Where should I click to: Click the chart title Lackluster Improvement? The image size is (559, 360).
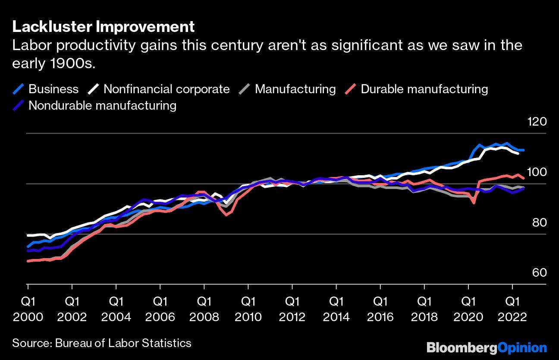click(104, 27)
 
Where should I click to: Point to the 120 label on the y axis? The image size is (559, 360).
click(537, 122)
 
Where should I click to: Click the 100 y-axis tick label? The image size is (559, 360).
click(537, 172)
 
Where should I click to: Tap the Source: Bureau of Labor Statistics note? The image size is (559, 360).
click(102, 343)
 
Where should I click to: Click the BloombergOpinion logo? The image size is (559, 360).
click(487, 347)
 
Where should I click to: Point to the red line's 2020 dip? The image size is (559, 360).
click(474, 203)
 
